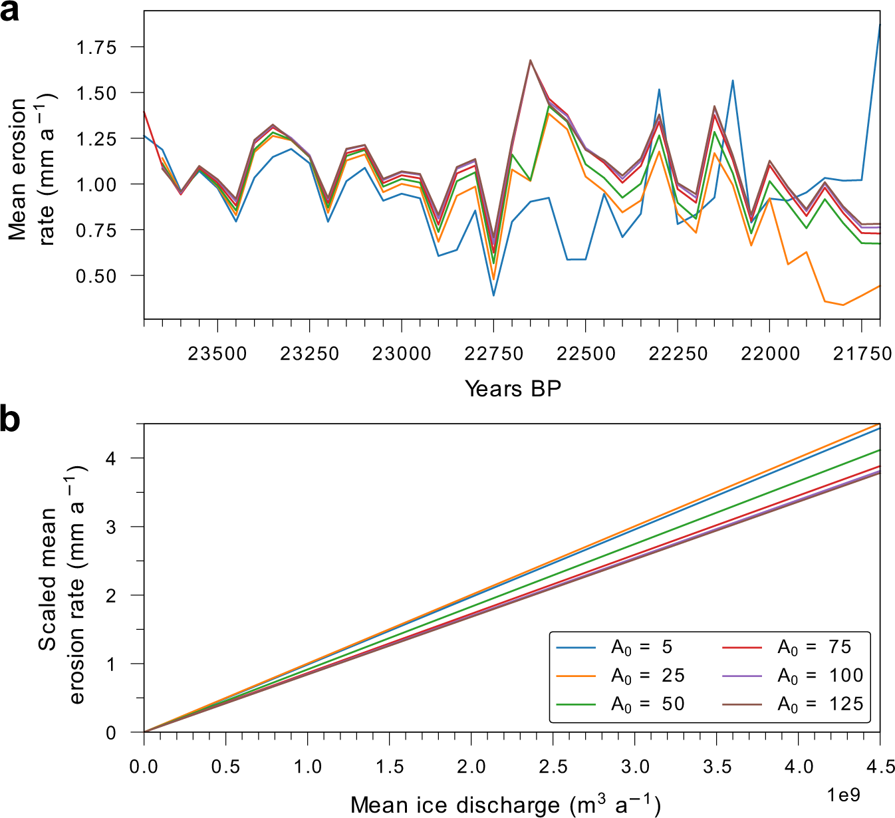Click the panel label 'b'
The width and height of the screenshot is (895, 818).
coord(10,420)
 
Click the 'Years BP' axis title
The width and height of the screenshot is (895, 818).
coord(513,388)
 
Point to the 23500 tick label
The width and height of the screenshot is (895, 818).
coord(217,353)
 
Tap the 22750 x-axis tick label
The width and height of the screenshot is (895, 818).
coord(493,353)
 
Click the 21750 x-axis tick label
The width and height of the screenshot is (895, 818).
coord(862,353)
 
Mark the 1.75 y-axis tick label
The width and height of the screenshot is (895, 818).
coord(96,47)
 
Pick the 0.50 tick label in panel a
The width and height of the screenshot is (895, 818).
coord(96,275)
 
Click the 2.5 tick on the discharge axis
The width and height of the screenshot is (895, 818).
coord(553,767)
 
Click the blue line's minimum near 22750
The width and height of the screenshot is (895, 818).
coord(493,295)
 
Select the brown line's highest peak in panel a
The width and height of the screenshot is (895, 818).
coord(531,60)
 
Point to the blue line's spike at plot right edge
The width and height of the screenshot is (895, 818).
coord(880,25)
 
